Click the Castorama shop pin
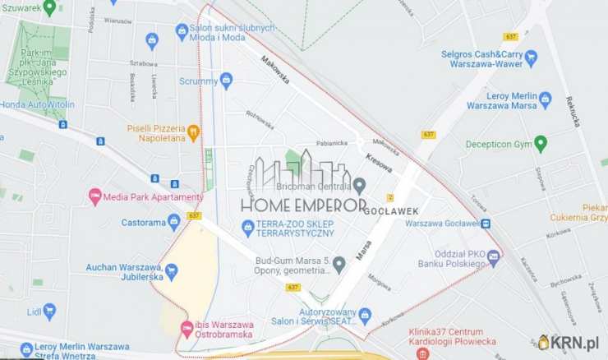pyautogui.click(x=173, y=221)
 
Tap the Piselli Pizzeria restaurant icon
pyautogui.click(x=194, y=131)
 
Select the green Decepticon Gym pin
pyautogui.click(x=540, y=144)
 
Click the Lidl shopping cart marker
pyautogui.click(x=49, y=311)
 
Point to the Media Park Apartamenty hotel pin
pyautogui.click(x=94, y=196)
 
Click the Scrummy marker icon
pyautogui.click(x=227, y=80)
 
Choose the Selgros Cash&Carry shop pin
pyautogui.click(x=530, y=58)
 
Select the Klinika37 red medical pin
pyautogui.click(x=422, y=353)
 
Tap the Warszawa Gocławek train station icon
pyautogui.click(x=486, y=223)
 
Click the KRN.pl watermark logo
pyautogui.click(x=569, y=342)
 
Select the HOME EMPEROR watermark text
pyautogui.click(x=303, y=205)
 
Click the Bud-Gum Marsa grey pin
pyautogui.click(x=339, y=264)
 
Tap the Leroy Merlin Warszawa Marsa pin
pyautogui.click(x=545, y=99)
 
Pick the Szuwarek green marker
pyautogui.click(x=49, y=7)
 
